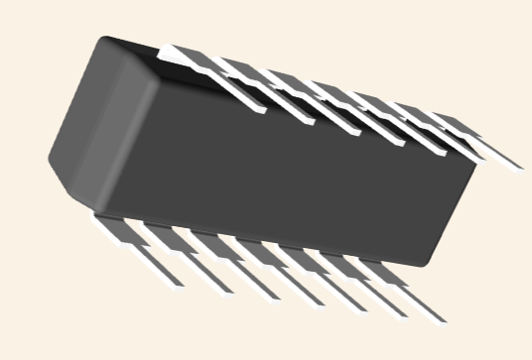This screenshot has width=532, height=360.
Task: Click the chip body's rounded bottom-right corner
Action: click(x=429, y=261)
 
